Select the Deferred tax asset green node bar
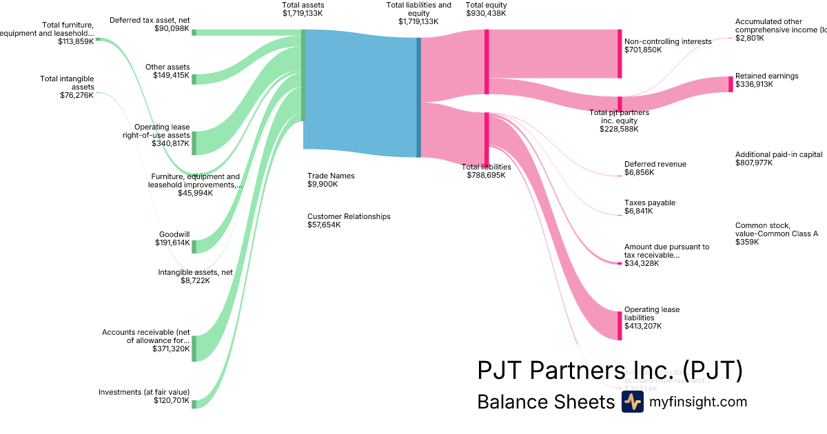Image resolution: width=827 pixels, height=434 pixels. [x=194, y=32]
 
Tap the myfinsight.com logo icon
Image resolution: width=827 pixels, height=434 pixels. [x=632, y=402]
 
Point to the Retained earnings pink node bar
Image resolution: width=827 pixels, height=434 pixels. [x=731, y=84]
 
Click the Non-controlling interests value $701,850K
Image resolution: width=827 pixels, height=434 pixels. [x=643, y=50]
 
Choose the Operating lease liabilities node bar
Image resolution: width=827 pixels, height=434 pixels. [x=620, y=325]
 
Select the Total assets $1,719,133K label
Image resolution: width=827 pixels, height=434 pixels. [x=303, y=9]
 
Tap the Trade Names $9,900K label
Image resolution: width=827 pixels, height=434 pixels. [x=331, y=180]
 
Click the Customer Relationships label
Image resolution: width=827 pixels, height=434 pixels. [x=349, y=216]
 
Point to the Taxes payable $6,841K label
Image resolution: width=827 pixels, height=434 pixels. [x=649, y=207]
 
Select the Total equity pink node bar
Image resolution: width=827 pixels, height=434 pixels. [x=487, y=61]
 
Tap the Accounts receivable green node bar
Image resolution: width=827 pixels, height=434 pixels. [x=194, y=348]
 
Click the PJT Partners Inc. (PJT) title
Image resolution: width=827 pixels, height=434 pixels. [x=610, y=370]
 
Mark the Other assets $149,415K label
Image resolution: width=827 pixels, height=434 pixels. [x=167, y=71]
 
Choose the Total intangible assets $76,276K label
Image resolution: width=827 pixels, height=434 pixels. [x=67, y=87]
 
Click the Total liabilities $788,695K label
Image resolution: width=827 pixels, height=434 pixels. [x=486, y=171]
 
